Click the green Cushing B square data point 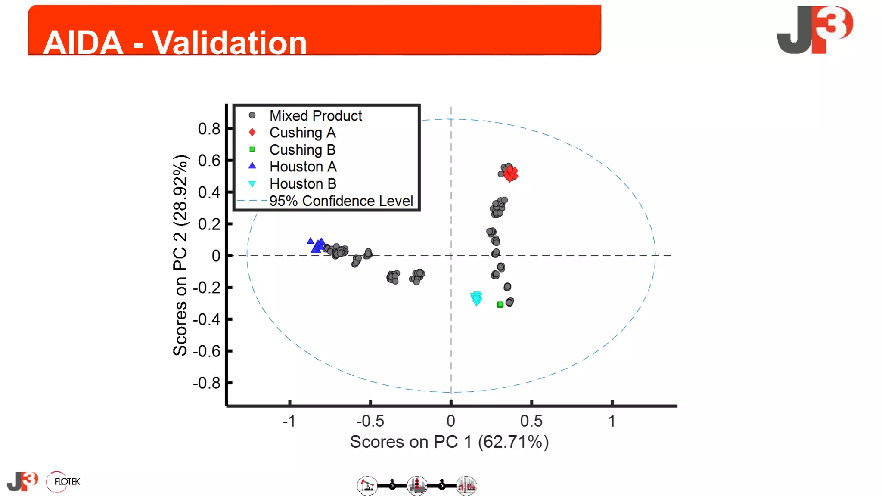pos(500,305)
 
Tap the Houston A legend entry pos(303,167)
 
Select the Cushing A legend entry pos(302,133)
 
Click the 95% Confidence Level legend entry pos(341,201)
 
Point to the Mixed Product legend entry pos(315,116)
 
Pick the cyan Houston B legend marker pos(252,184)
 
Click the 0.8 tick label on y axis pos(209,129)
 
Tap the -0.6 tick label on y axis pos(206,351)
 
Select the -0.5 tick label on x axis pos(370,421)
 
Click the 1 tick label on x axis pos(612,421)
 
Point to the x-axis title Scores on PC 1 pos(449,442)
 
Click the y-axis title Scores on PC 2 pos(180,255)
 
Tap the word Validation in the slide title pos(229,43)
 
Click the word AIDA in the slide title pos(83,43)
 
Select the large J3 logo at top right pos(814,30)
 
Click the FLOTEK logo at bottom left pos(63,482)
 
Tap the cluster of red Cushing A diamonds pos(511,174)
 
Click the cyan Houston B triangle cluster pos(476,298)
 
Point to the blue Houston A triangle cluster pos(317,245)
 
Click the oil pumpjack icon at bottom pos(367,486)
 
